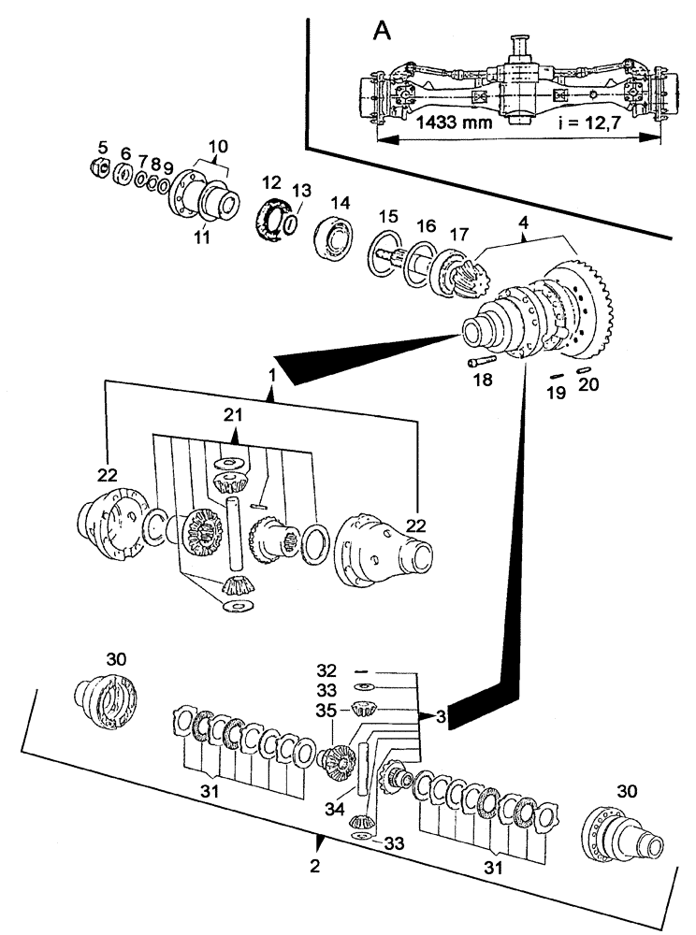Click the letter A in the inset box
click(x=382, y=31)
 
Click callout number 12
click(x=271, y=182)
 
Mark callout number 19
click(x=555, y=394)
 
